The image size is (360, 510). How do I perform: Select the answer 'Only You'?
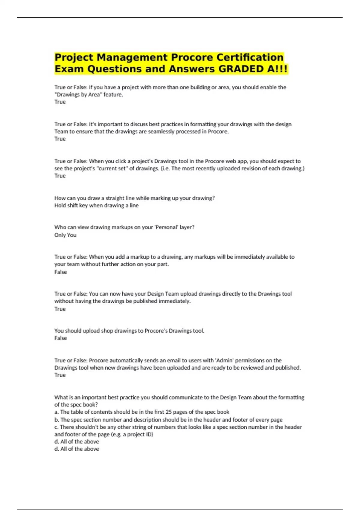pos(65,235)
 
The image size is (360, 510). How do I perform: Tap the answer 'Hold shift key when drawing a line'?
pos(96,205)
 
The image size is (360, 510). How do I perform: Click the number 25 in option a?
pos(169,412)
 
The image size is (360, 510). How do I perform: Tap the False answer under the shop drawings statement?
pos(61,338)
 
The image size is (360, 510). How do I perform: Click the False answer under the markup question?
pos(61,272)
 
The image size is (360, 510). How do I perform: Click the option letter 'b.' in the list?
pos(57,420)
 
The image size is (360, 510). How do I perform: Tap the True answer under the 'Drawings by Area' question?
pos(60,102)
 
